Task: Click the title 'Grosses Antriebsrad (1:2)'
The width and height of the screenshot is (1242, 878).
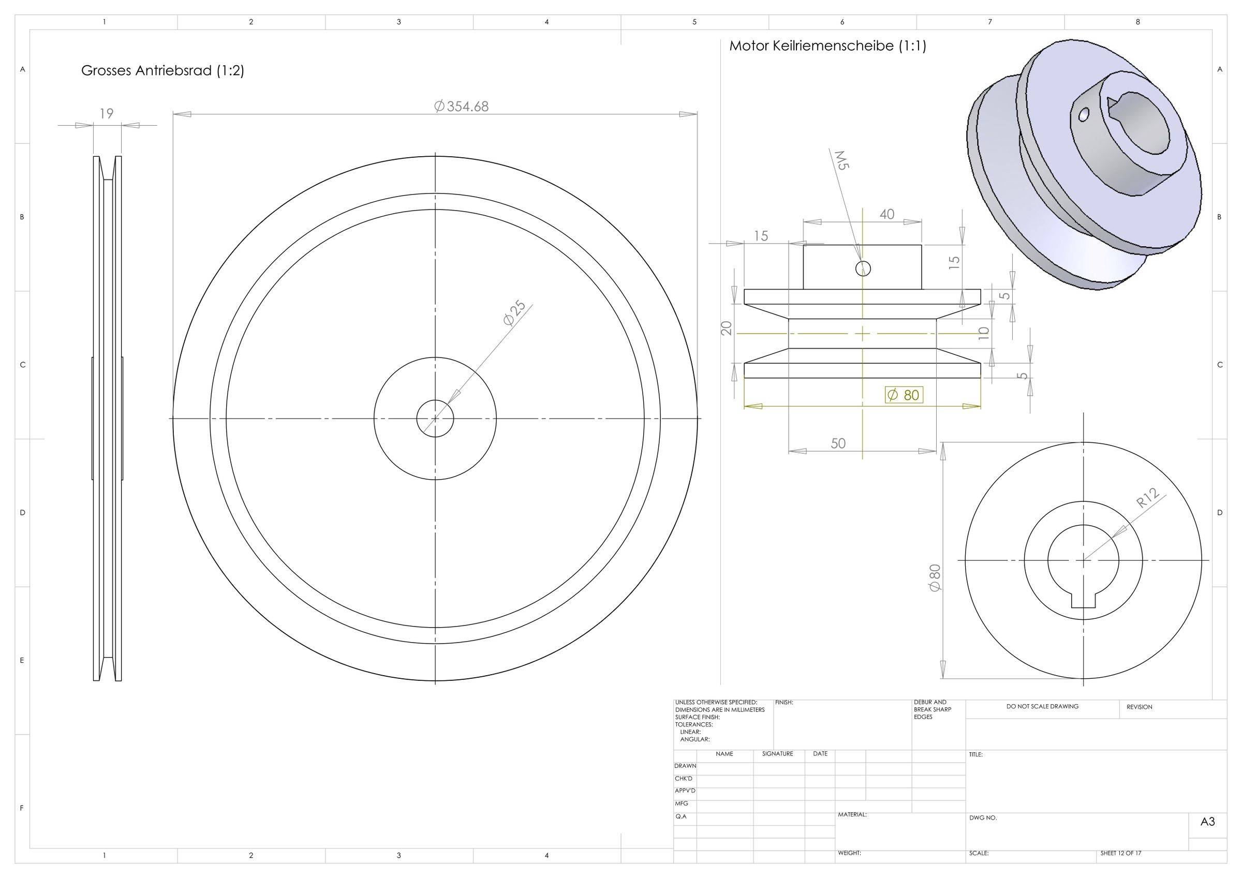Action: coord(162,71)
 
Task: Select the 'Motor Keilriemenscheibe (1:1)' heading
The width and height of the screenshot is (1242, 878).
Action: coord(827,46)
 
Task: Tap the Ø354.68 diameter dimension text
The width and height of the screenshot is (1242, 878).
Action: coord(462,106)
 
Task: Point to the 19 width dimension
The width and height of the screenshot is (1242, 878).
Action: coord(107,114)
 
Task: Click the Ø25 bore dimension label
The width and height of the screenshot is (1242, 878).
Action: coord(514,313)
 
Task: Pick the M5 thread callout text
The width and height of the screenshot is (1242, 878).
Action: coord(841,160)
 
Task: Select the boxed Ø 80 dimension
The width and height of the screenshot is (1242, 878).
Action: coord(904,395)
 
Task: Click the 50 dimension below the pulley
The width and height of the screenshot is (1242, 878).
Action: coord(838,443)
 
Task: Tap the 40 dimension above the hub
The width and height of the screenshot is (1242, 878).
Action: coord(887,214)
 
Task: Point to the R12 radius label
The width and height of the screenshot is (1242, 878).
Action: coord(1147,498)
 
